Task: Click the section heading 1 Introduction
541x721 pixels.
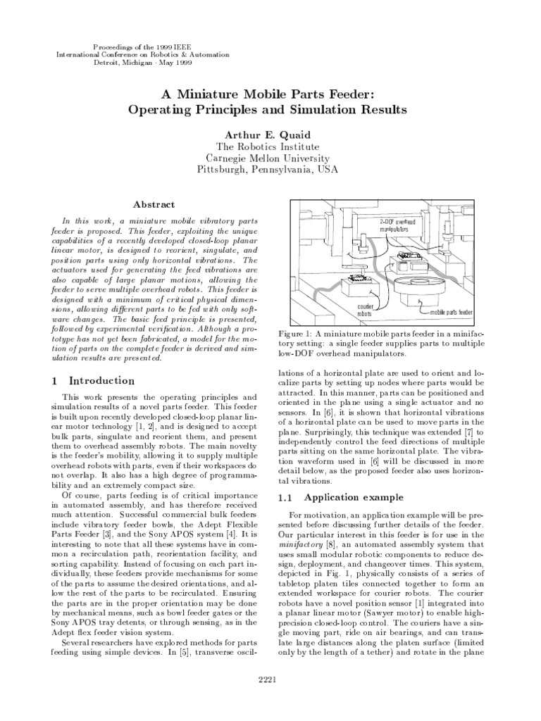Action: pyautogui.click(x=93, y=381)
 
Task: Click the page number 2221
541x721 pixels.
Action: pyautogui.click(x=270, y=679)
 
